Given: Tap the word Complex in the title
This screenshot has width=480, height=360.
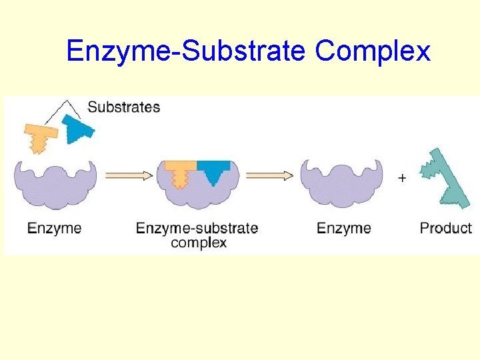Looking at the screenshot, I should [x=373, y=51].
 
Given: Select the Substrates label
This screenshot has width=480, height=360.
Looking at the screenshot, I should [x=124, y=107].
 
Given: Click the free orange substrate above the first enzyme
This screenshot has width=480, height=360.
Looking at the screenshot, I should [x=41, y=136].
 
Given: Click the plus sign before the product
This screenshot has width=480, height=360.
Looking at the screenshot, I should [x=401, y=178].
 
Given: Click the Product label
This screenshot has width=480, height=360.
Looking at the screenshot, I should [x=445, y=228].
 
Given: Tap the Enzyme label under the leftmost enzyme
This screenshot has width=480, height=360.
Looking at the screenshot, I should [x=55, y=228].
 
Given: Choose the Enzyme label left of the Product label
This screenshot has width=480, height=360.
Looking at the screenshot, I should [x=344, y=228].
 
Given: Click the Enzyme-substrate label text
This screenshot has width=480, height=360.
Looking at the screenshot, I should [x=197, y=228].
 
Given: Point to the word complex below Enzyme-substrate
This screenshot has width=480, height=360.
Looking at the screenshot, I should [x=199, y=243].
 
